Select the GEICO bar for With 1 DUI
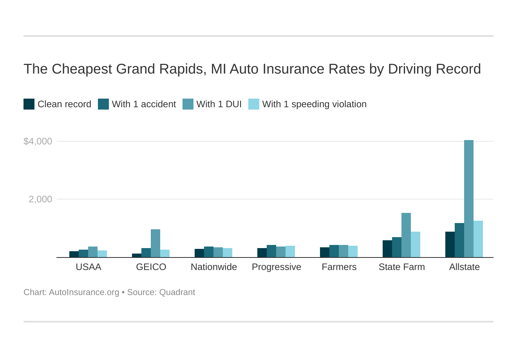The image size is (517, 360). click(155, 243)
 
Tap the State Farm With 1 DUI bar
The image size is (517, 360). click(406, 235)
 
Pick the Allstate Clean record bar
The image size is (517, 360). click(450, 245)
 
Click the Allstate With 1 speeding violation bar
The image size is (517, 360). click(478, 239)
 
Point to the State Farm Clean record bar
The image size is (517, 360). click(387, 249)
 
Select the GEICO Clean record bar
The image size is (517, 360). click(137, 255)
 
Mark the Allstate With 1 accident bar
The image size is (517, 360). click(459, 240)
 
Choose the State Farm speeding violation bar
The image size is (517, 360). click(416, 245)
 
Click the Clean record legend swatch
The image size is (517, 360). click(29, 104)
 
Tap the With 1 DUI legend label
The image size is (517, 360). click(219, 104)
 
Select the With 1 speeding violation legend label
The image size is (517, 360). click(314, 104)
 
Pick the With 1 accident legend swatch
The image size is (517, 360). click(103, 104)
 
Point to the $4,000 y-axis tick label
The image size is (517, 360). click(38, 141)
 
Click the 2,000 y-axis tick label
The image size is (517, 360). click(40, 199)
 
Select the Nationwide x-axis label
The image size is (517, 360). click(214, 267)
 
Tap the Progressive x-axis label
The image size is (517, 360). click(277, 267)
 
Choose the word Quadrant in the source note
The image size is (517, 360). click(177, 292)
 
